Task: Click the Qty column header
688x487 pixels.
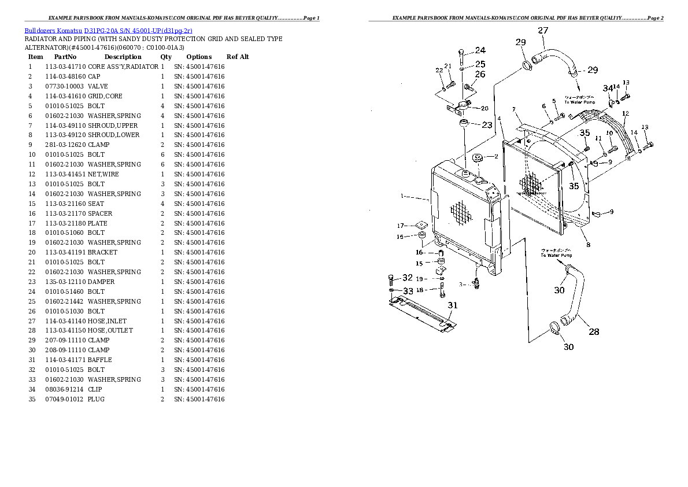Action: pyautogui.click(x=166, y=57)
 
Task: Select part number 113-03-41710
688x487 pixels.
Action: pyautogui.click(x=65, y=67)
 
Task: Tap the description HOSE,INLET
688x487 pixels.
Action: pyautogui.click(x=107, y=321)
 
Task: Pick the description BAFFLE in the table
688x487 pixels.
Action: pyautogui.click(x=99, y=360)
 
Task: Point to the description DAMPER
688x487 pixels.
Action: pyautogui.click(x=101, y=282)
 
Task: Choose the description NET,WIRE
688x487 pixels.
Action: pyautogui.click(x=103, y=174)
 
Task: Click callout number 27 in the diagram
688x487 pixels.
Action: pyautogui.click(x=543, y=31)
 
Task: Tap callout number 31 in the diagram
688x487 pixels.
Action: pyautogui.click(x=453, y=305)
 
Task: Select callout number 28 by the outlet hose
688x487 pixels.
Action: pyautogui.click(x=594, y=331)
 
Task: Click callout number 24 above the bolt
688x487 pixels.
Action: pyautogui.click(x=480, y=50)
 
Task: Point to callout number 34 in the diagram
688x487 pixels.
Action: pyautogui.click(x=606, y=88)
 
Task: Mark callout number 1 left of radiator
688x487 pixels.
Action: pyautogui.click(x=401, y=196)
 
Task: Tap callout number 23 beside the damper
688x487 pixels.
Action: pyautogui.click(x=487, y=124)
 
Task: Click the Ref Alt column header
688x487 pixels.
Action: pyautogui.click(x=238, y=57)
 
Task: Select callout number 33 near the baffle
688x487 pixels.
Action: pyautogui.click(x=408, y=291)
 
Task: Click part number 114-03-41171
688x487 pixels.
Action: pyautogui.click(x=65, y=360)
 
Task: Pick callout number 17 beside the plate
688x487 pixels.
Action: pyautogui.click(x=400, y=226)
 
